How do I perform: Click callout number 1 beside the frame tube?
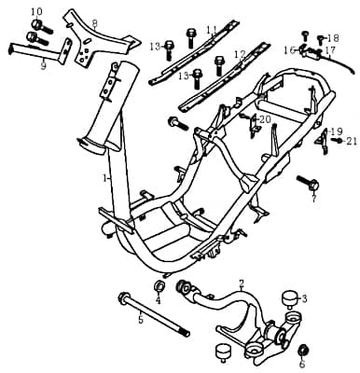pos(104,176)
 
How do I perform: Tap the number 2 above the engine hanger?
pos(242,283)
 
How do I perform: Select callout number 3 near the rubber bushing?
pos(304,298)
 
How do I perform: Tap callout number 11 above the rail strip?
pos(211,29)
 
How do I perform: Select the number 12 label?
pos(241,54)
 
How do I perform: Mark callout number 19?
pos(337,131)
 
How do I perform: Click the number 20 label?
pos(265,119)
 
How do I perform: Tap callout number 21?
pos(352,141)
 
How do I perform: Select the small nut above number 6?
pos(302,351)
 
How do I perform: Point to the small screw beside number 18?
pos(320,38)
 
